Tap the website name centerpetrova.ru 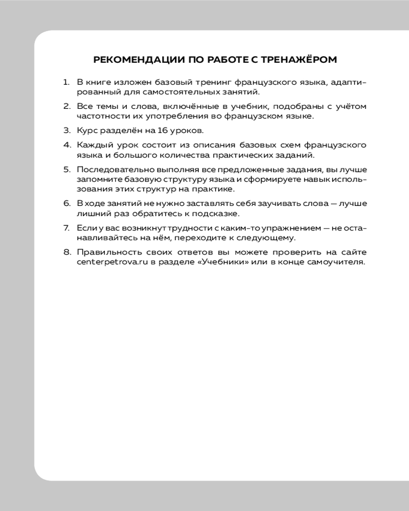pyautogui.click(x=110, y=262)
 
